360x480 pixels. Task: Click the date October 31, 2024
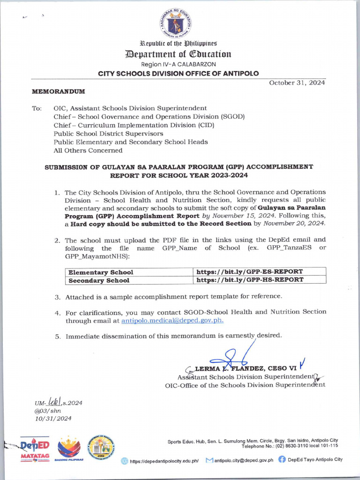click(x=297, y=82)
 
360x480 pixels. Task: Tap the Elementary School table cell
click(x=101, y=272)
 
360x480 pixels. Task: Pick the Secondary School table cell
click(x=99, y=280)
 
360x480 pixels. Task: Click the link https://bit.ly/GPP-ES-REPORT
click(x=249, y=272)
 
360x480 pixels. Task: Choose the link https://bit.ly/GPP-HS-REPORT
click(x=249, y=280)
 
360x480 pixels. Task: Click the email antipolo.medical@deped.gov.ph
click(x=172, y=321)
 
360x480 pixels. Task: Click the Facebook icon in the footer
click(x=282, y=460)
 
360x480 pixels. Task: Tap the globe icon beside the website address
click(x=124, y=461)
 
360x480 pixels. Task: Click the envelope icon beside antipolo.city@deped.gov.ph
click(x=209, y=460)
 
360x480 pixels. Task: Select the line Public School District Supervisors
click(x=108, y=133)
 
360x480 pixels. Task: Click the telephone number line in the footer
click(x=289, y=446)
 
